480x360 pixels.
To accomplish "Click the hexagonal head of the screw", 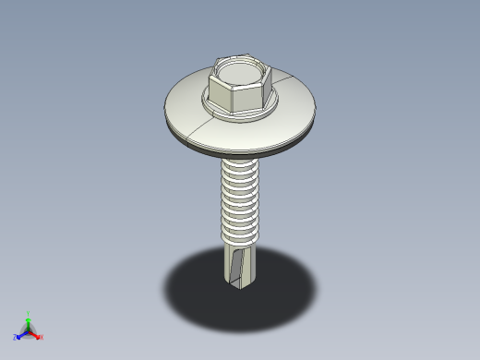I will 239,89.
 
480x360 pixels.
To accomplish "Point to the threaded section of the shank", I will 241,203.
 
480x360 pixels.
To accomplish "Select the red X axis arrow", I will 35,335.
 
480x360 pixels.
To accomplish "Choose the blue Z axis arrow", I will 20,335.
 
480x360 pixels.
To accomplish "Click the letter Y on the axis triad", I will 29,313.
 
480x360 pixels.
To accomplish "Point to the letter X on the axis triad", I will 42,338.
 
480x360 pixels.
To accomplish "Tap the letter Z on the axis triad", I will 15,338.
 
